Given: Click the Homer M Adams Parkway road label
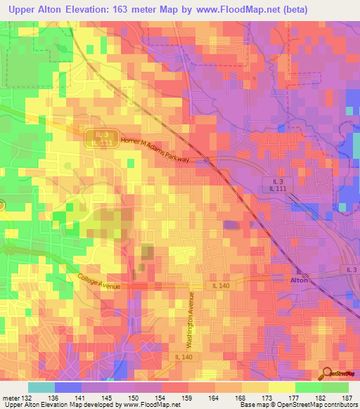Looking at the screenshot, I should (156, 150).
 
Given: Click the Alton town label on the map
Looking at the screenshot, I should (300, 280).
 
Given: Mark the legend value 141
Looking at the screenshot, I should (79, 398).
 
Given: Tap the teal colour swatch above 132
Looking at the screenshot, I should (41, 387).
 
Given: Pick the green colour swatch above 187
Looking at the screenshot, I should (335, 387).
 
